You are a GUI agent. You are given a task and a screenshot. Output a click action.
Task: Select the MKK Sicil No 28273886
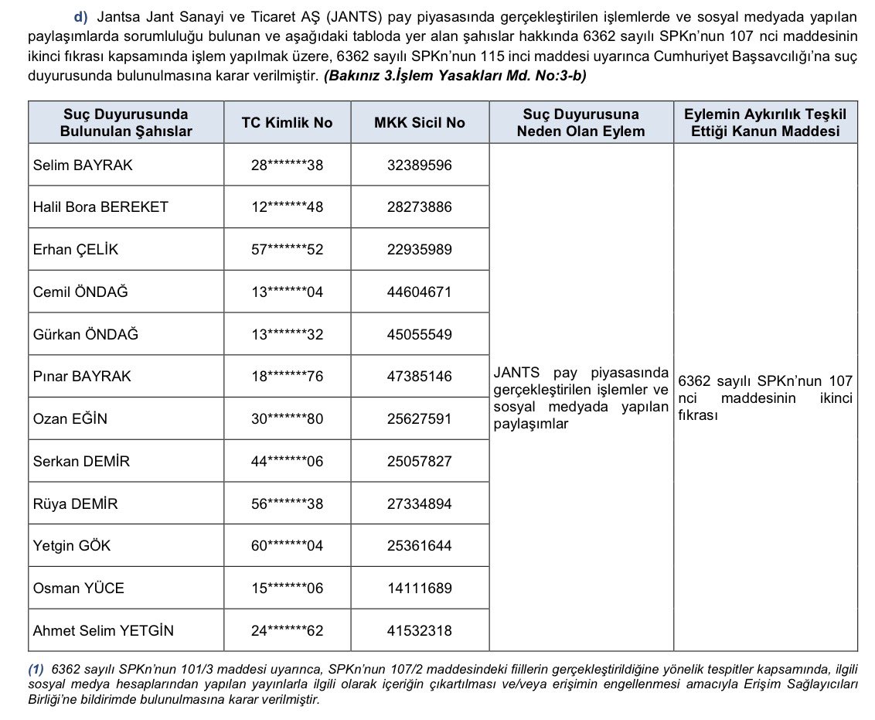pos(420,207)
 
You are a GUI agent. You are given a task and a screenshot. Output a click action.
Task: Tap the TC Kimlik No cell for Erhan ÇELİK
pos(287,250)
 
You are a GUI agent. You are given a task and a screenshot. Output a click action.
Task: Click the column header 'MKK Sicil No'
pos(420,122)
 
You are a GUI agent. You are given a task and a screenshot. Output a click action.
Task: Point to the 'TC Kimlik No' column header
pos(287,122)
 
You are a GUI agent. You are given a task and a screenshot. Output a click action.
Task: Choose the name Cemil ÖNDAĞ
pos(80,292)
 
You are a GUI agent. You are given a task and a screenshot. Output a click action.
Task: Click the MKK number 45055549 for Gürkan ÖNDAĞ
pos(420,335)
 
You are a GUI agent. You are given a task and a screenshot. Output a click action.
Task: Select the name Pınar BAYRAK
pos(82,377)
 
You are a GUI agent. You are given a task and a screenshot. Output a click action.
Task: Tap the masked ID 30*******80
pos(287,419)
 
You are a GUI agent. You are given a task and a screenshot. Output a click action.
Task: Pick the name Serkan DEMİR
pos(81,462)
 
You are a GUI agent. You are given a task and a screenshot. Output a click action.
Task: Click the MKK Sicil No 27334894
pos(420,504)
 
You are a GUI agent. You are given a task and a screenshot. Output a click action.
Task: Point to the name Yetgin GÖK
pos(72,546)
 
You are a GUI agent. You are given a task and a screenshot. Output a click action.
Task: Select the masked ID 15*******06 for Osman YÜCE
pos(287,589)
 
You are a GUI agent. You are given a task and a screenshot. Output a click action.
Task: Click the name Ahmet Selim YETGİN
pos(103,631)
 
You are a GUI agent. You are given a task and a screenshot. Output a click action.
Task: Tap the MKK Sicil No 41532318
pos(420,631)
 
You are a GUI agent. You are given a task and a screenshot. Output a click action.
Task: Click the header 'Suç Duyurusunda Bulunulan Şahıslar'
pos(126,122)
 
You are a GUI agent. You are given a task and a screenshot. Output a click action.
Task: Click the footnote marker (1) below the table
pos(36,667)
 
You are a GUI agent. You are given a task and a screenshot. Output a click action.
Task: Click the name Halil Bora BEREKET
pos(100,207)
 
